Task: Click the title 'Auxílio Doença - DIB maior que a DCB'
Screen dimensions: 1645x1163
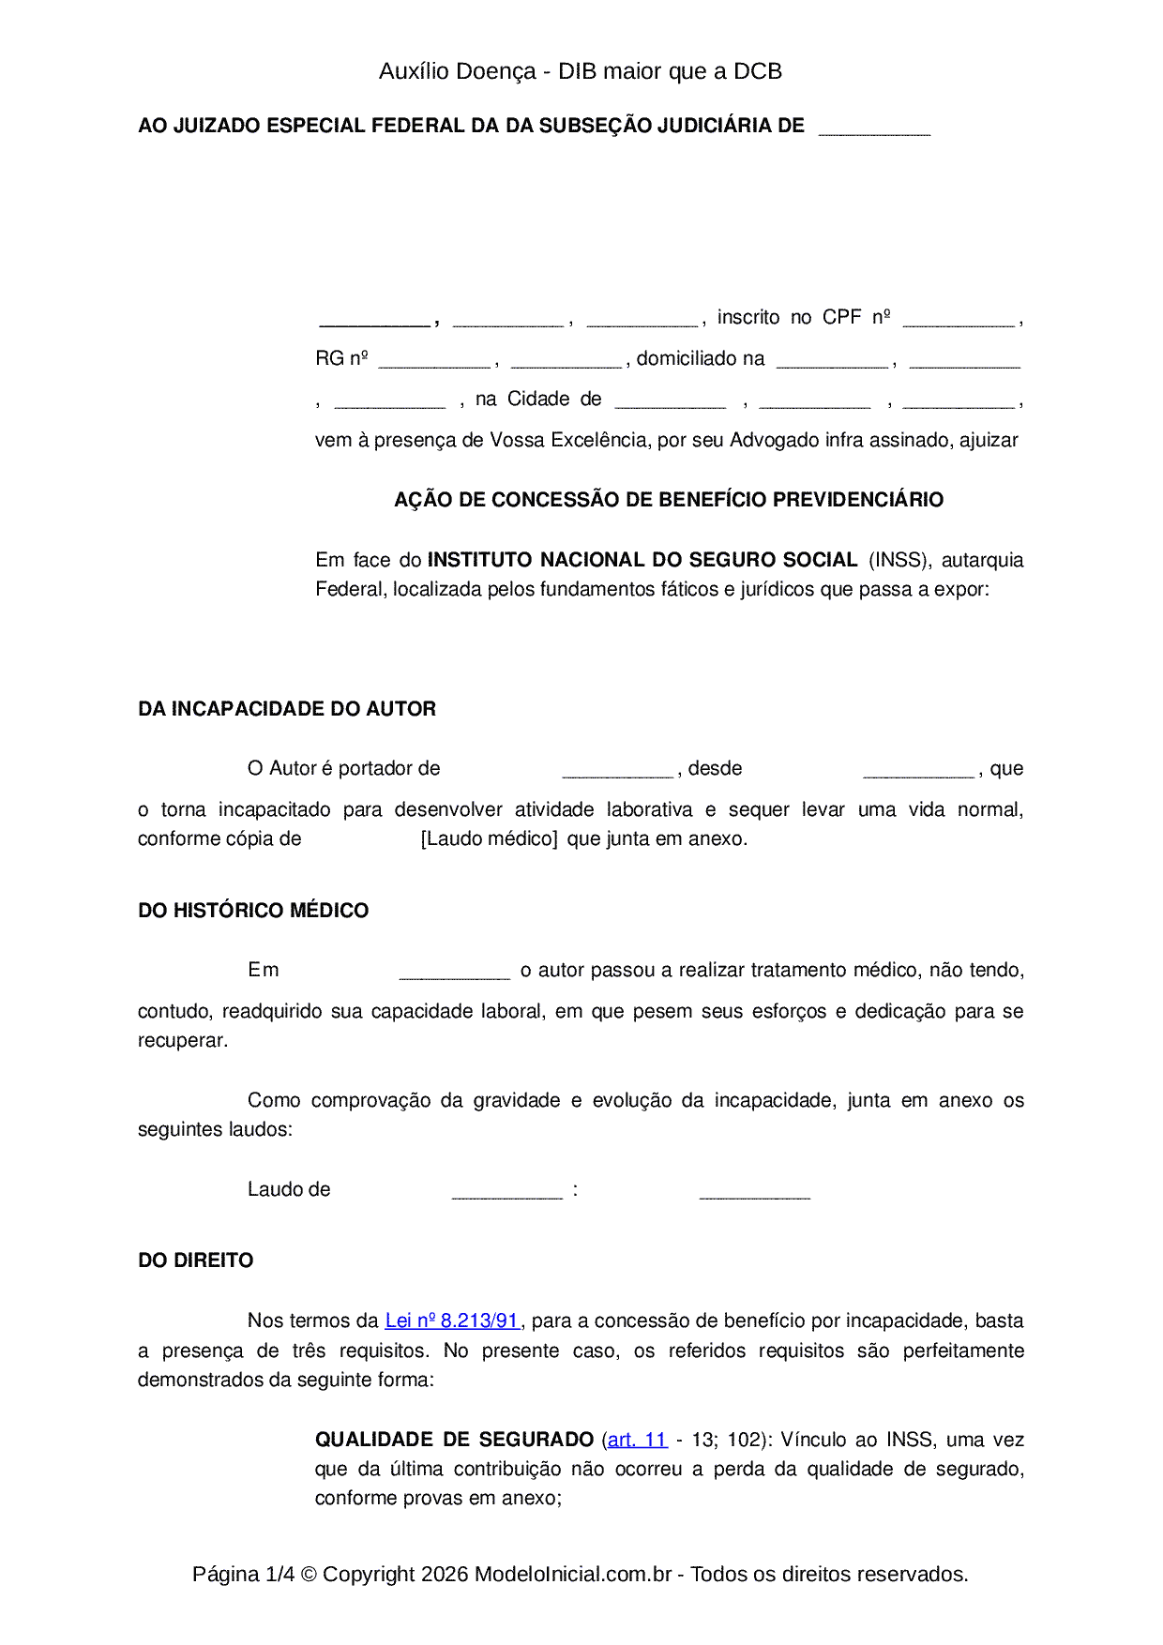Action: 581,71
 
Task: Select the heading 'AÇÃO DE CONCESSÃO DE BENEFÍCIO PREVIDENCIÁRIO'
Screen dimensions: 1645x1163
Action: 668,500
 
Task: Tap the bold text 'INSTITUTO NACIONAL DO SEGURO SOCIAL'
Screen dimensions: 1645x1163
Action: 642,560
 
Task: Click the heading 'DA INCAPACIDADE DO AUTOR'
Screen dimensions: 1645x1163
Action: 287,709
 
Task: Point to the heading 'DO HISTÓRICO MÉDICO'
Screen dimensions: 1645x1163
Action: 253,911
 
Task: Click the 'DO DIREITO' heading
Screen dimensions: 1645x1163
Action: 195,1260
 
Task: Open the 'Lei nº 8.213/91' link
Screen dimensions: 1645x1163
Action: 452,1321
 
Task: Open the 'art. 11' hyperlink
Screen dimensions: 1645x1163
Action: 637,1440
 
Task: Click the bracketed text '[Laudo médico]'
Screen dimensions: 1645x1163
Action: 489,838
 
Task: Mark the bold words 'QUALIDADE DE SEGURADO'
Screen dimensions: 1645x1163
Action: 454,1440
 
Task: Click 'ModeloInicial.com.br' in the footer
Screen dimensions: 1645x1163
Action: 573,1574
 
